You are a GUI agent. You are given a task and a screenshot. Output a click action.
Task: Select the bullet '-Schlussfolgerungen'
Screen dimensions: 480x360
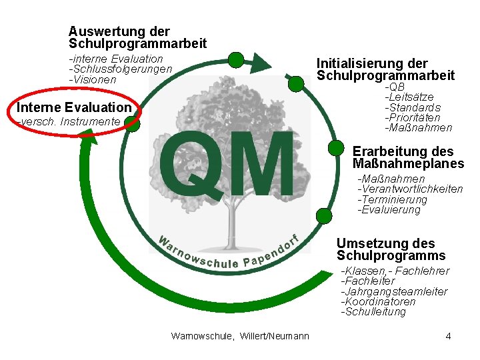[121, 69]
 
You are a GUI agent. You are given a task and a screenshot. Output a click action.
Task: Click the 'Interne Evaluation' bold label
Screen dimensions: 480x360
[74, 107]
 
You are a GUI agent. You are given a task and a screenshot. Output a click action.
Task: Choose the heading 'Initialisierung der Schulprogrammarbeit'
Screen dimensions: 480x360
[385, 69]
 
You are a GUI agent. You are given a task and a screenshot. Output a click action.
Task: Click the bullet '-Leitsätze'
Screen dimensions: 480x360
[409, 97]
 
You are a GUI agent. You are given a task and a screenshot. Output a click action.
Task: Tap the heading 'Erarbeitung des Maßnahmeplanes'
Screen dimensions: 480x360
[407, 157]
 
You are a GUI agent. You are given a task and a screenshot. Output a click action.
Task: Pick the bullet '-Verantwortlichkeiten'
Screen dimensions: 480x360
[410, 189]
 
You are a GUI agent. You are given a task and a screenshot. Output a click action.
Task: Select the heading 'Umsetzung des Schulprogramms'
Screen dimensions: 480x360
[391, 249]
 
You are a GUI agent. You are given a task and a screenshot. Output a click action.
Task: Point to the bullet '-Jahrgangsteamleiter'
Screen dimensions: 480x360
[393, 292]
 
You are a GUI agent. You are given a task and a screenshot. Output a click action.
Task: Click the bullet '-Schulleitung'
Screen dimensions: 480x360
[373, 312]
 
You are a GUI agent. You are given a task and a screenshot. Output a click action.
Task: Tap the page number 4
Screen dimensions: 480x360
[448, 336]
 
